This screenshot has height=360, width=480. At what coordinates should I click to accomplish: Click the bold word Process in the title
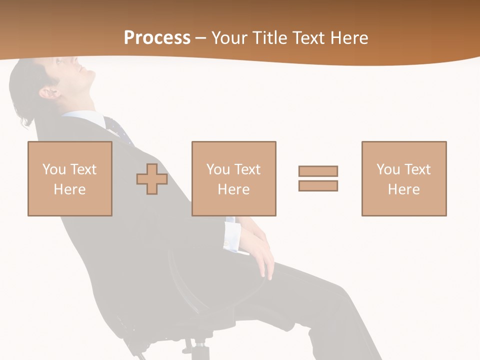pos(157,37)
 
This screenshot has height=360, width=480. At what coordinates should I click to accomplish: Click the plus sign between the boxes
pos(152,179)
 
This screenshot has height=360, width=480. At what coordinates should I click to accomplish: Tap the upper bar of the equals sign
pos(318,171)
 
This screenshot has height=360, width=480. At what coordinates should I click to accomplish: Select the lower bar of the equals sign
pos(318,185)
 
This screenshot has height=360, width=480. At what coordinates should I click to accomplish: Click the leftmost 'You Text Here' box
pos(69,178)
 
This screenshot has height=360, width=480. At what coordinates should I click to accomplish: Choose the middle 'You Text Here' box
pos(233,178)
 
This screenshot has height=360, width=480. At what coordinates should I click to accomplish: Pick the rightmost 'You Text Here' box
pos(403,178)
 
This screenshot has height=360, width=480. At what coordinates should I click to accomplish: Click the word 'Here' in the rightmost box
pos(403,189)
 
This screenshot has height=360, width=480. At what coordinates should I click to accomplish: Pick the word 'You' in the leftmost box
pos(53,169)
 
